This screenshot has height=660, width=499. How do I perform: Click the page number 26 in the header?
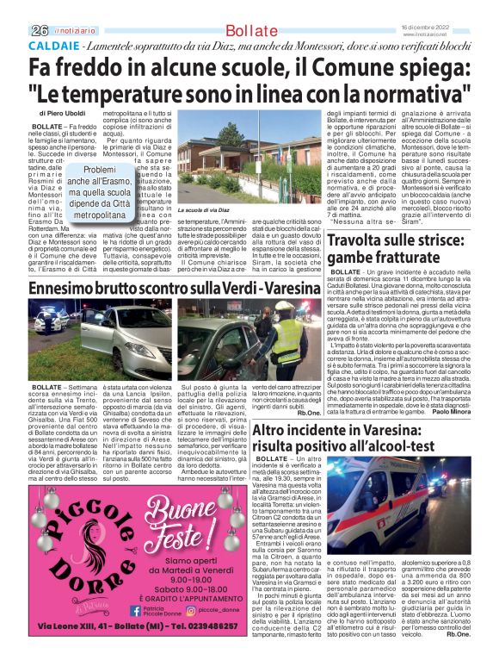tap(38, 29)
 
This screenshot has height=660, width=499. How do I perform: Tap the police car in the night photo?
tap(52, 319)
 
